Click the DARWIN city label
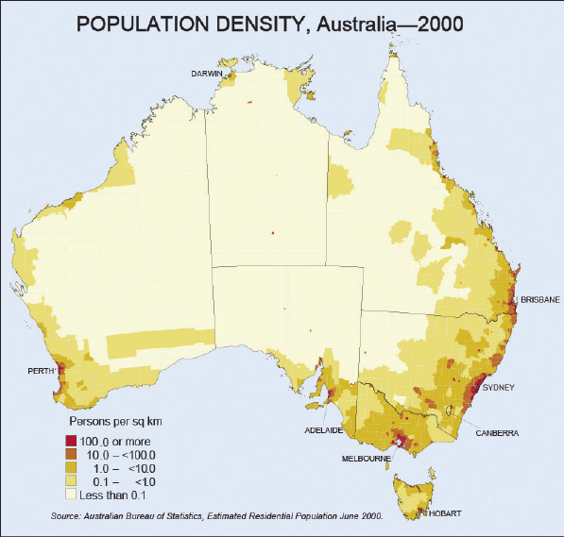point(206,73)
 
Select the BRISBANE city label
point(539,300)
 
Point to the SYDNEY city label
point(498,387)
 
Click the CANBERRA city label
point(497,434)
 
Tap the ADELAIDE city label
point(323,429)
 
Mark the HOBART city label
point(446,513)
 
